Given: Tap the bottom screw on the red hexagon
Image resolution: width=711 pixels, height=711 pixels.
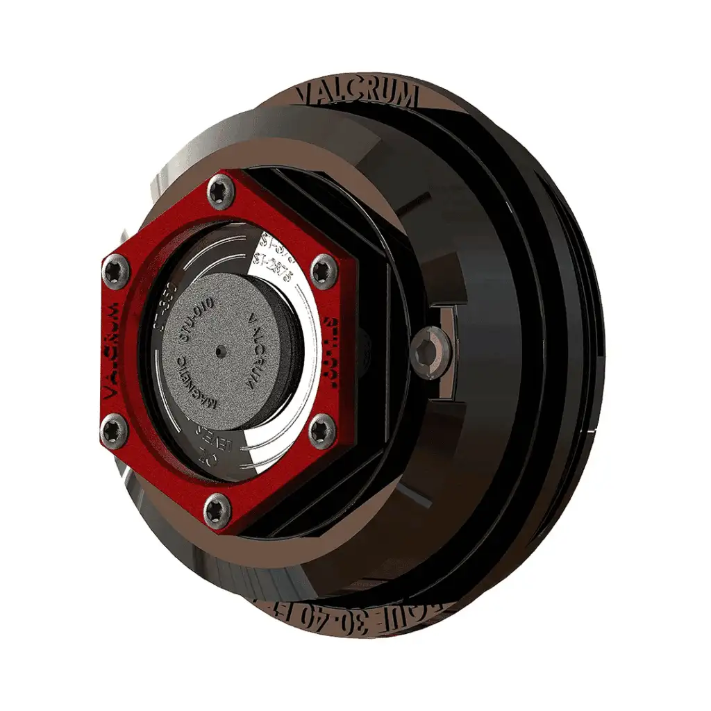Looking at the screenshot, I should (x=217, y=510).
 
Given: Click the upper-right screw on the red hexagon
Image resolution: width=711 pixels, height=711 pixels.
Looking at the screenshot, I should (x=323, y=269).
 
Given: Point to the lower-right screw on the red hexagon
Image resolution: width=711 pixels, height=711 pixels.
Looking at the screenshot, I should (x=321, y=430).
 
